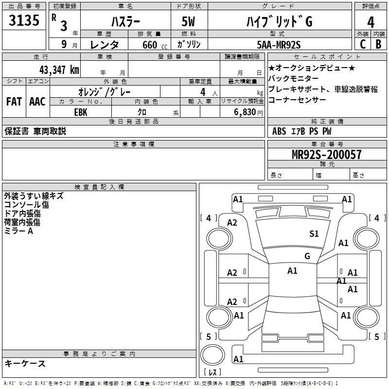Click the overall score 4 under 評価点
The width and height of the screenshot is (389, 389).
(x=371, y=22)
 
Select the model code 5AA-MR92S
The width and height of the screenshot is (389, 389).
(x=279, y=45)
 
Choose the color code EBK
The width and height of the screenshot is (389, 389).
(x=81, y=112)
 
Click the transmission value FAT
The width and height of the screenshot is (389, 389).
(x=14, y=102)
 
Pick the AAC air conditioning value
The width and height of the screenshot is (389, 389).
(x=37, y=102)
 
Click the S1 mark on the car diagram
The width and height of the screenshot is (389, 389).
(x=314, y=234)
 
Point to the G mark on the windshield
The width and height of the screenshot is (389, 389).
(x=307, y=256)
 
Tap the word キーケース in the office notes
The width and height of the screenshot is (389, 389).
(x=25, y=363)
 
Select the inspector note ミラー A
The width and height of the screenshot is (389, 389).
(x=18, y=231)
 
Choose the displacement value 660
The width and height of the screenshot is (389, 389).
(x=149, y=45)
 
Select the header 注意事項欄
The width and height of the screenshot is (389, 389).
(x=134, y=144)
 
